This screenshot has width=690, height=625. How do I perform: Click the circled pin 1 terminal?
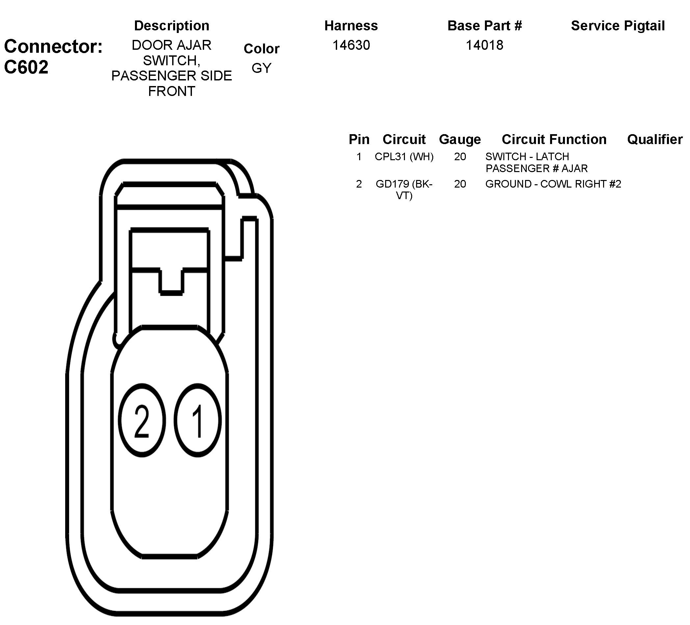[198, 420]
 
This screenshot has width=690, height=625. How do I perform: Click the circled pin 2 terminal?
[142, 420]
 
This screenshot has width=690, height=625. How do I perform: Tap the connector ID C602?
[26, 67]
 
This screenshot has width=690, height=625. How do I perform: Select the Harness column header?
[351, 26]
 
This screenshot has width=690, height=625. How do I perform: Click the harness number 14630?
[351, 45]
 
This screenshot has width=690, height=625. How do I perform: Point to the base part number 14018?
[484, 45]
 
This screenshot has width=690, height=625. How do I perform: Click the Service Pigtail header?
[618, 26]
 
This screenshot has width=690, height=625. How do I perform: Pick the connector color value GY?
[261, 68]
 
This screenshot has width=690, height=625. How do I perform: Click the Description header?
[172, 26]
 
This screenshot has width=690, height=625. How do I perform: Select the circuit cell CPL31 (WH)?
[404, 157]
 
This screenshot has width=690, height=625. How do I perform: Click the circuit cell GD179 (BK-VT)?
[404, 190]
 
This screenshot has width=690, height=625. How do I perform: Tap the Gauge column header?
[460, 139]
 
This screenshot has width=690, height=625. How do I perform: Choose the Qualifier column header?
[655, 139]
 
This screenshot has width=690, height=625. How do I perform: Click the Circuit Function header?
[554, 139]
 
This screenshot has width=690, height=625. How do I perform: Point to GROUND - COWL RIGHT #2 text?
[553, 184]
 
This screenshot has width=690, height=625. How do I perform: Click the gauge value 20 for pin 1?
[460, 157]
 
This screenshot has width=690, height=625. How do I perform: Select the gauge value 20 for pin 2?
[460, 184]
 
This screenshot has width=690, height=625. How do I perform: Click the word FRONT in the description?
[172, 91]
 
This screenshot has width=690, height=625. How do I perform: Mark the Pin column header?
[359, 139]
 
